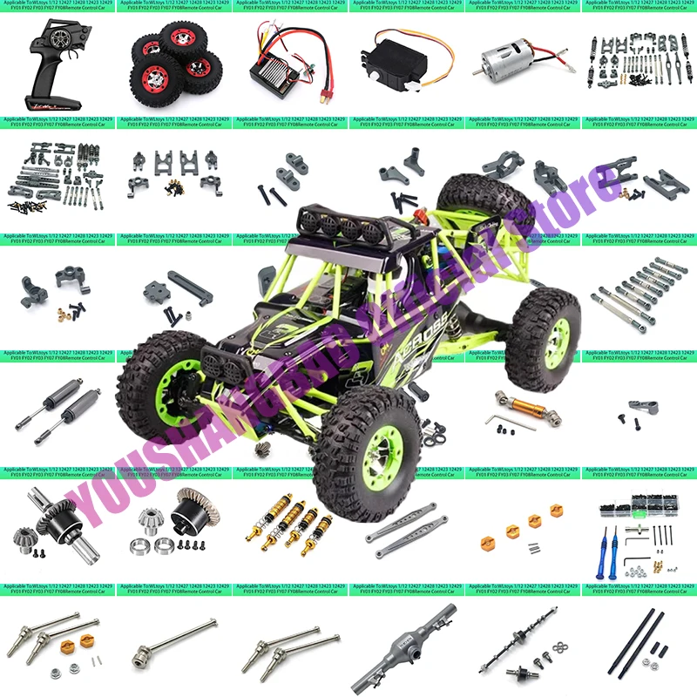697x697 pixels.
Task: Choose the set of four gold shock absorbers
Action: [x=291, y=523]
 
